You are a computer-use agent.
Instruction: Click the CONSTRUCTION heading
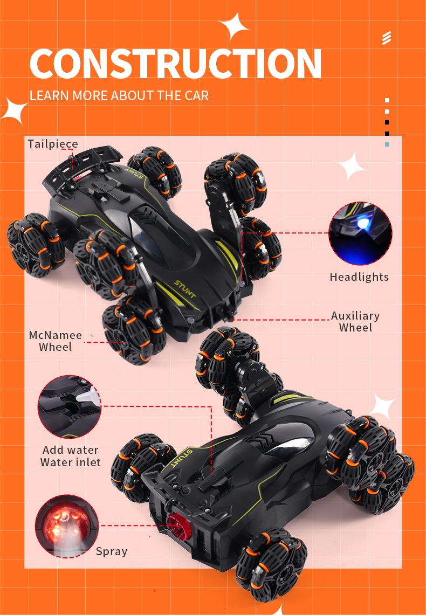(175, 64)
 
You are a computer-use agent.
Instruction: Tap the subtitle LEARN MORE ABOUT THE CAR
(119, 96)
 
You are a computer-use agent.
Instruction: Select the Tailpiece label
(53, 144)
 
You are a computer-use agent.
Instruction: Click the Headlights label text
(359, 277)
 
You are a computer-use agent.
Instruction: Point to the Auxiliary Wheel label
(355, 321)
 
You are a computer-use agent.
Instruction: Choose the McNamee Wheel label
(56, 341)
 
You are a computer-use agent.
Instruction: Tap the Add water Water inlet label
(71, 456)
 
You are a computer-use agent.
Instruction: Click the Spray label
(112, 551)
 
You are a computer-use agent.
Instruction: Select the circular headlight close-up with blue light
(360, 233)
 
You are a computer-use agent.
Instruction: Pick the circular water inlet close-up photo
(70, 407)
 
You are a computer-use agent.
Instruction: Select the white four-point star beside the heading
(235, 26)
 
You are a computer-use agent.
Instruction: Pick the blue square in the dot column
(387, 144)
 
